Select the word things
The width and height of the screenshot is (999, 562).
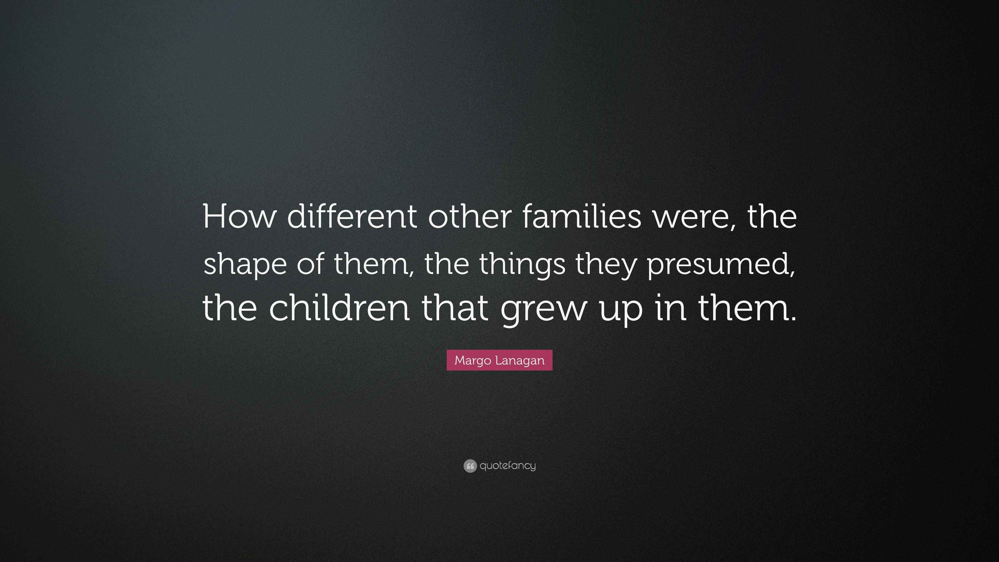pyautogui.click(x=522, y=265)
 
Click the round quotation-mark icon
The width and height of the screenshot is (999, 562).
pyautogui.click(x=470, y=466)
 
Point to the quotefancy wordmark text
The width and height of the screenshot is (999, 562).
pyautogui.click(x=508, y=465)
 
